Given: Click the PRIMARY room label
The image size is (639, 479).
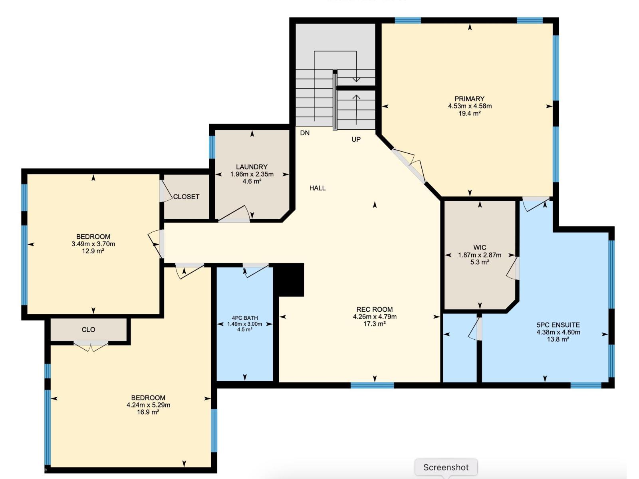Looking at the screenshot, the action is [469, 99].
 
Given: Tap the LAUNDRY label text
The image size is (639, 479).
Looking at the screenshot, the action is [252, 167].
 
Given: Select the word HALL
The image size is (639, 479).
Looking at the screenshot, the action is [318, 188].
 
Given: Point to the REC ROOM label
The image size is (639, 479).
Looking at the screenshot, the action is [375, 309].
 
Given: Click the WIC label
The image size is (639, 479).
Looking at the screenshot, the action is [480, 247].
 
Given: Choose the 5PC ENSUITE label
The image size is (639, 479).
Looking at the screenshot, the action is [558, 325].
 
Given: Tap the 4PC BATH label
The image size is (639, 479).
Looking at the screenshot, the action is [245, 318].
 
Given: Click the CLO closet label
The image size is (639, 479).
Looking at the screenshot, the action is [89, 330].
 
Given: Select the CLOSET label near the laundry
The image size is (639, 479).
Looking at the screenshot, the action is [187, 197].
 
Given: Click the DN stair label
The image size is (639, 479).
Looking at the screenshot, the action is [305, 133].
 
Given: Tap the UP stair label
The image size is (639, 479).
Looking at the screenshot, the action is [356, 140].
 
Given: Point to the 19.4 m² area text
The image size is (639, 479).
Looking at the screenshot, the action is [469, 113].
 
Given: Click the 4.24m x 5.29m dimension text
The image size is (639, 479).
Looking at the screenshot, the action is [149, 405].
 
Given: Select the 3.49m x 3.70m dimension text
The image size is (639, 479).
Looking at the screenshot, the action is [93, 244].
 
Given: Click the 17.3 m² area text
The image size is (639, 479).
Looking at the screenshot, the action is [375, 324].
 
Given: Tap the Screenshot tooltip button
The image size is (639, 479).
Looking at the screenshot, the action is [446, 467].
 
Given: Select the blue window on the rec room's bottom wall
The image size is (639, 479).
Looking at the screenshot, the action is [372, 385].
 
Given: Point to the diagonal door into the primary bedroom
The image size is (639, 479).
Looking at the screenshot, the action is [409, 166].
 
